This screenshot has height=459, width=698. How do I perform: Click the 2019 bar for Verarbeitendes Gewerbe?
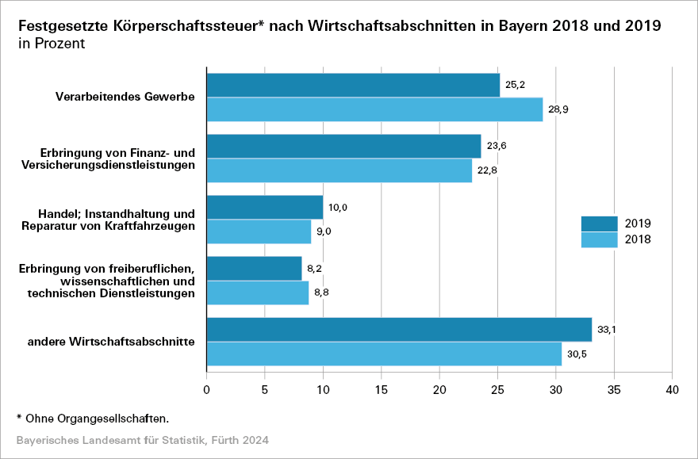[353, 86]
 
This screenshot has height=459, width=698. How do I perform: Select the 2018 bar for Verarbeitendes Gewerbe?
[374, 109]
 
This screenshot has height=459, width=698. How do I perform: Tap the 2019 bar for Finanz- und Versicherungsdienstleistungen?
[343, 147]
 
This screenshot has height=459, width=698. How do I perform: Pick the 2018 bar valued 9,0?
[259, 231]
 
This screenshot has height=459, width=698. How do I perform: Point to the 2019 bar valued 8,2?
[254, 268]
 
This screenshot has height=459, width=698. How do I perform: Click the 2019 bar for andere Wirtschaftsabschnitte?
[399, 330]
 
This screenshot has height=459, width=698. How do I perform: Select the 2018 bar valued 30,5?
[384, 354]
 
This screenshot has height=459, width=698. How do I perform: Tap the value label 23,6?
[497, 147]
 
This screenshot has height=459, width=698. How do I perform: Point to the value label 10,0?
[339, 208]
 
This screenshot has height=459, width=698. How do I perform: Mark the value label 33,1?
[607, 330]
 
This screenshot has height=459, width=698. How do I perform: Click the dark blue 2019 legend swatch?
[599, 224]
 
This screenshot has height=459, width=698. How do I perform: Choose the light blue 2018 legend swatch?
[599, 239]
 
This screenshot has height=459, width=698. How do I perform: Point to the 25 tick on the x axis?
[497, 389]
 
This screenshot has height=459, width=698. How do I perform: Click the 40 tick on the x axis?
[672, 389]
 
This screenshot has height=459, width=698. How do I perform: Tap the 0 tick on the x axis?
[206, 389]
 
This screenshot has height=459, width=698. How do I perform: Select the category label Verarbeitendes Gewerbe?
[125, 98]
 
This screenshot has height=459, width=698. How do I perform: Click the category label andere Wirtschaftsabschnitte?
[112, 342]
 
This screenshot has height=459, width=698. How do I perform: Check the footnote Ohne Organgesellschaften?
[93, 417]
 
